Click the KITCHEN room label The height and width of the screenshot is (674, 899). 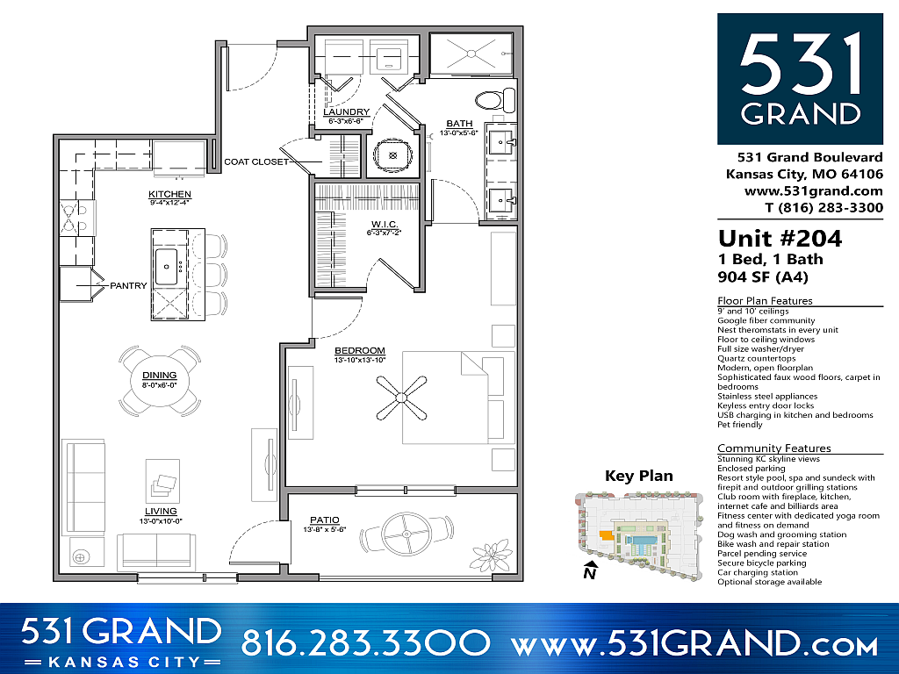tap(169, 194)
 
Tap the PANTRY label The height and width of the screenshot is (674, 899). tap(127, 285)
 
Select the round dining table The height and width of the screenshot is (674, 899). tap(159, 379)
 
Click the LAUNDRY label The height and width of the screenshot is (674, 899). tap(345, 112)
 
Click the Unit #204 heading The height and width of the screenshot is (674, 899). tap(780, 238)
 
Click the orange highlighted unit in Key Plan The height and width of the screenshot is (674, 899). tap(605, 533)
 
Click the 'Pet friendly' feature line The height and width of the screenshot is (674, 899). tap(740, 425)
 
